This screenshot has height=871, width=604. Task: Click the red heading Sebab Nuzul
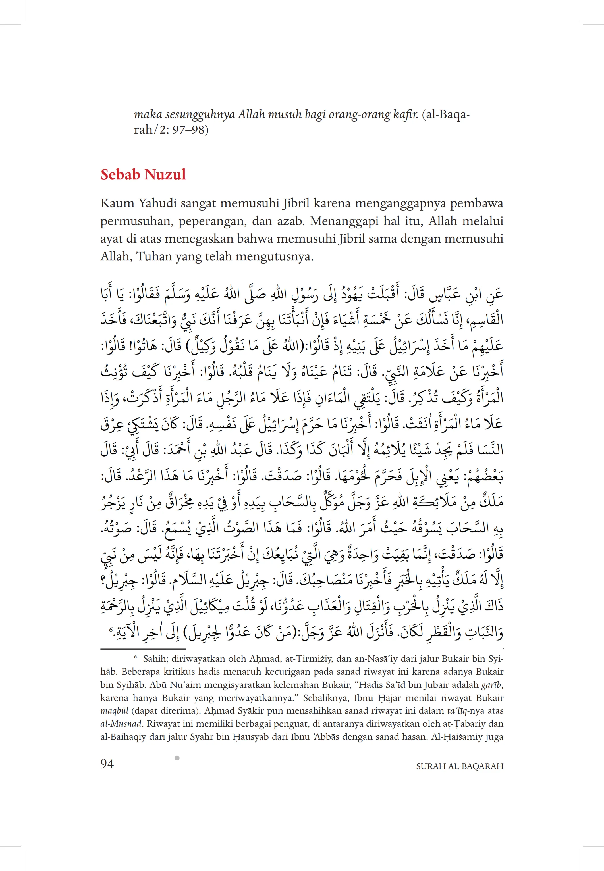(143, 174)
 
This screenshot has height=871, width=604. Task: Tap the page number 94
(107, 764)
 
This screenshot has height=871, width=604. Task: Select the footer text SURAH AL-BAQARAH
(459, 766)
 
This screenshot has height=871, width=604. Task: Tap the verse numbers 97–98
(188, 130)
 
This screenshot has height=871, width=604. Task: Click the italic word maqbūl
(114, 711)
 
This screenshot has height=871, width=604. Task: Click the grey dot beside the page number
(177, 758)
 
